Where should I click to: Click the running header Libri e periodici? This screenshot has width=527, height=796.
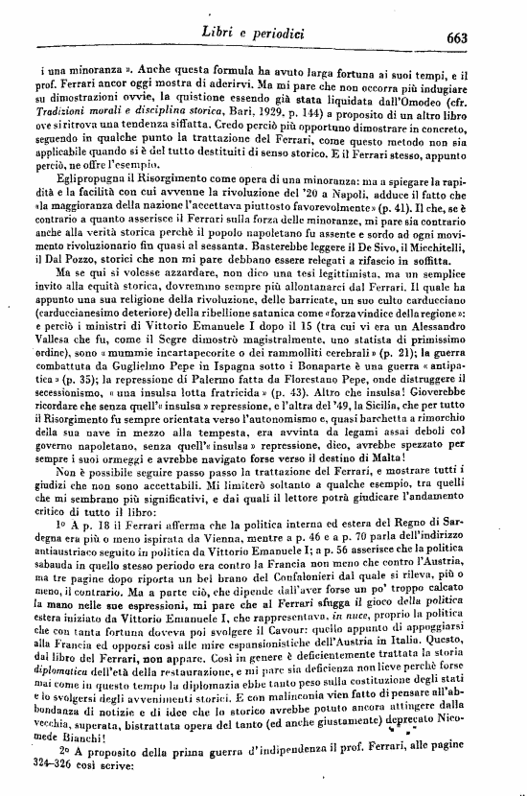[x=260, y=35]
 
